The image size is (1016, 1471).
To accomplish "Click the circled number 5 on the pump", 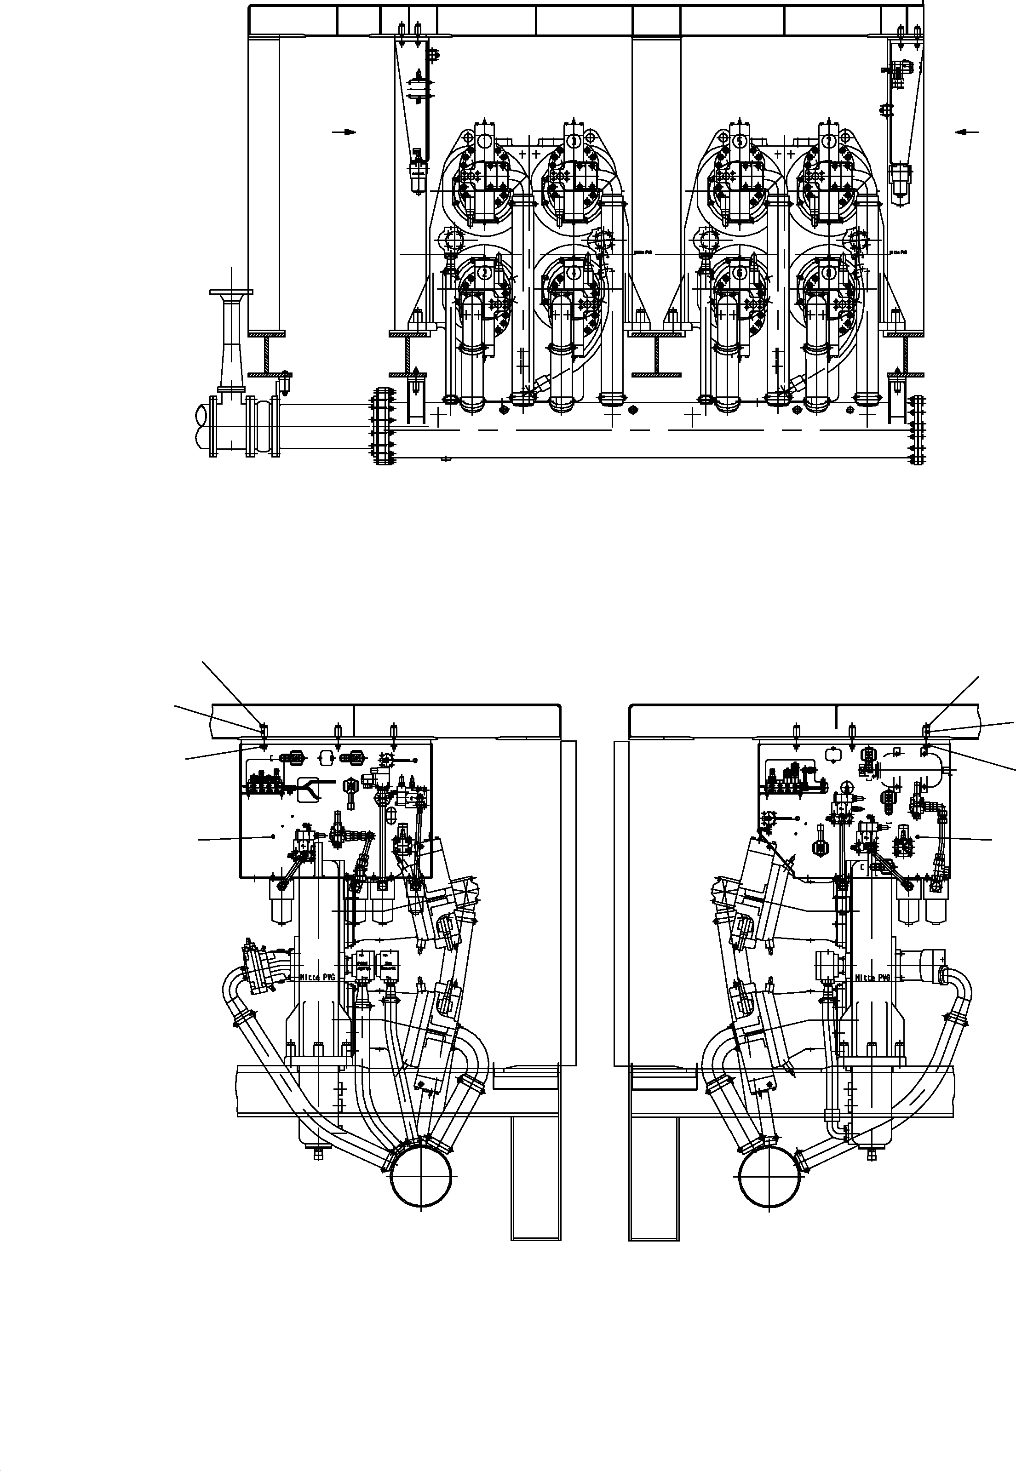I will [x=740, y=141].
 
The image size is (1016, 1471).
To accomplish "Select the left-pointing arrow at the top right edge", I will [x=966, y=132].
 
